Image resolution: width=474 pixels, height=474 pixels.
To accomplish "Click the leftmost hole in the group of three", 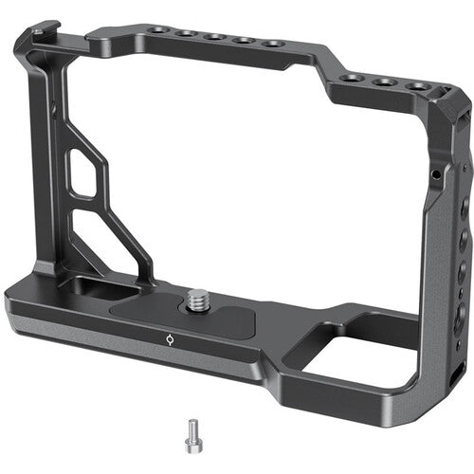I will (x=353, y=78).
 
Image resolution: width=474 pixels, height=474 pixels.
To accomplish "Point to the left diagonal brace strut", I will (x=123, y=209).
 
